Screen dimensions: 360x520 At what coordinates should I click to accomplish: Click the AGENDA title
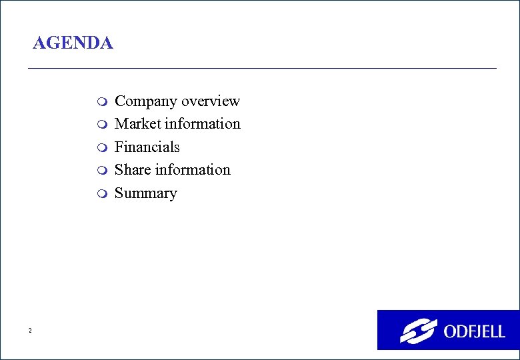pos(73,44)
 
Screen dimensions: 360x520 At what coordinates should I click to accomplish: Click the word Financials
pos(147,147)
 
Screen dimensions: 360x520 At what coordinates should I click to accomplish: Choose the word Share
pos(133,170)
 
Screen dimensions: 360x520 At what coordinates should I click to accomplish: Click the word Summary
pos(146,193)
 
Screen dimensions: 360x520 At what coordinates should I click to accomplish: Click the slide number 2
pos(30,331)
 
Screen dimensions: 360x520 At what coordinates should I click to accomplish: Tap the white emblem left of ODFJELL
pos(418,331)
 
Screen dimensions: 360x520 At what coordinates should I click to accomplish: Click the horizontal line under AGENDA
pos(261,68)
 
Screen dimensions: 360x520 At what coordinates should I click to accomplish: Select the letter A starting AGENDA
pos(39,44)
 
